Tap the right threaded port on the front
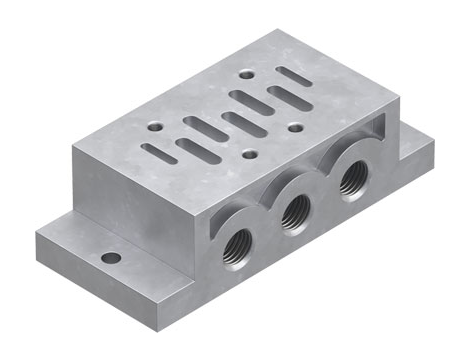[350, 181]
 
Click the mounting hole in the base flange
[111, 258]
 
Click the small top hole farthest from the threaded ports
[246, 73]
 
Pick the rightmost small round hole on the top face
[294, 127]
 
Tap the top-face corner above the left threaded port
[206, 204]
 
